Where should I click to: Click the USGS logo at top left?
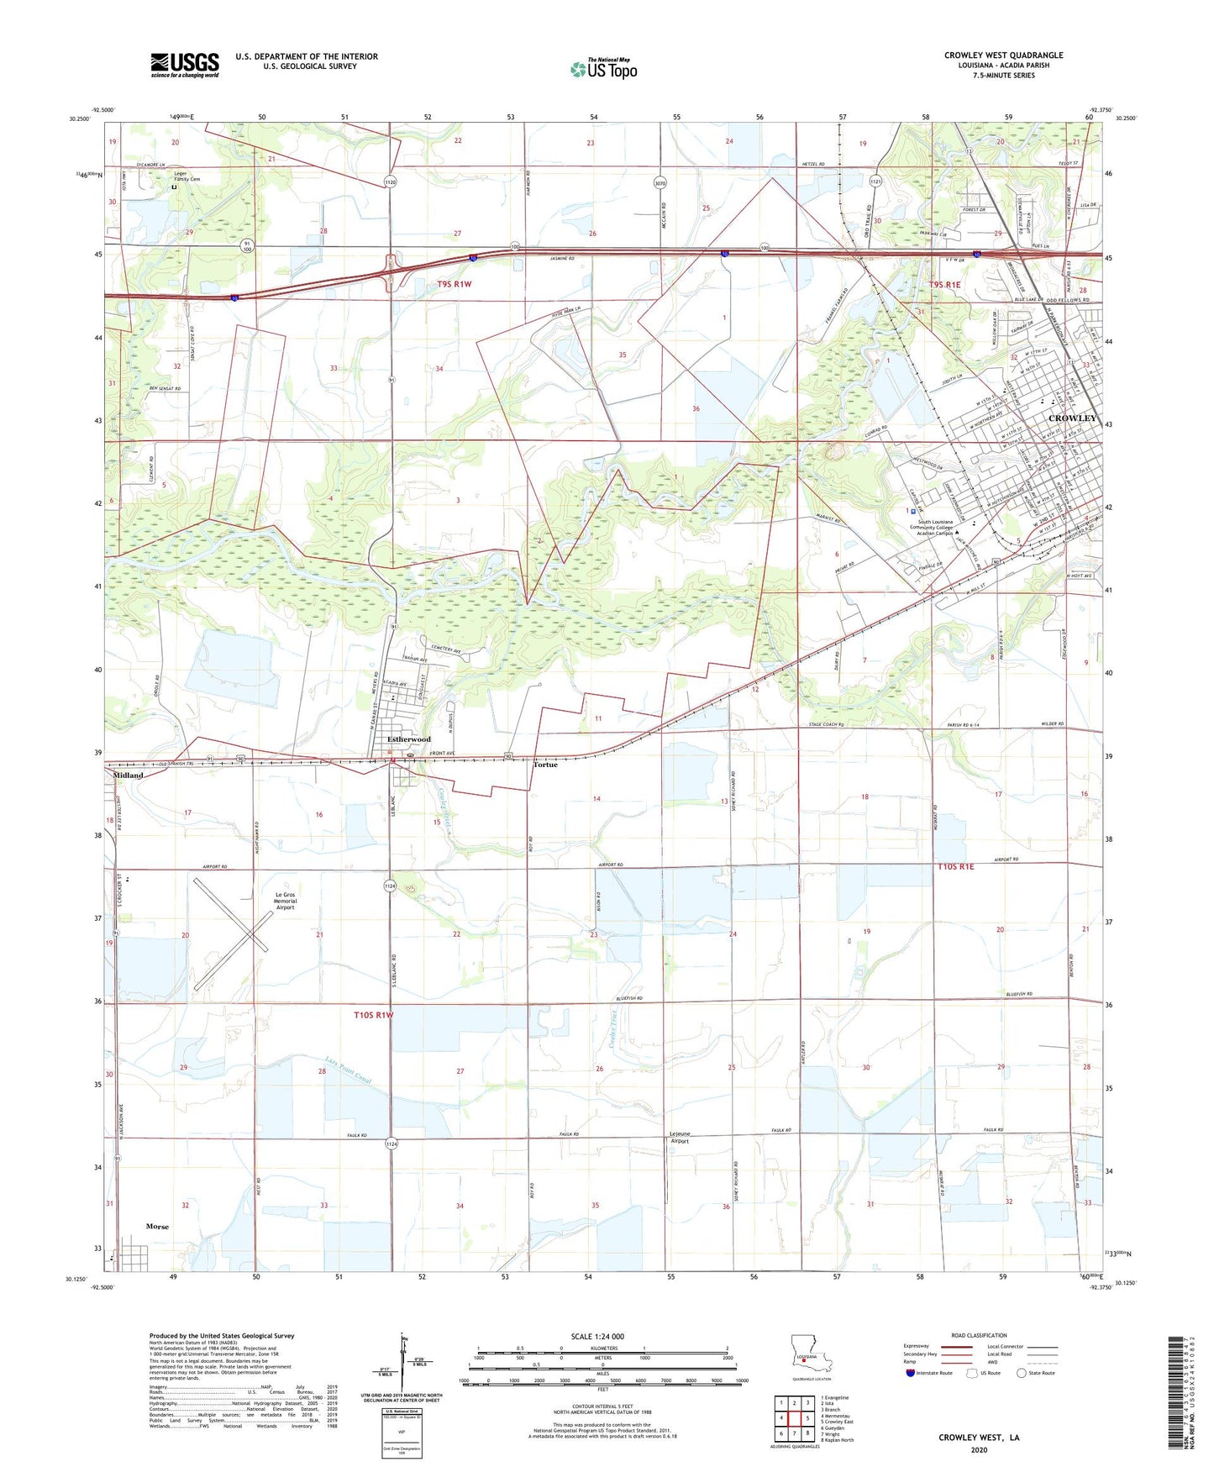coord(184,65)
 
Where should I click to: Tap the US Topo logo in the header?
coord(602,69)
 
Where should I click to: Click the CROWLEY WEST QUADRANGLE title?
coord(1002,55)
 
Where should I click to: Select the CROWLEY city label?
coord(1072,418)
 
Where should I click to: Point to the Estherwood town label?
coord(408,739)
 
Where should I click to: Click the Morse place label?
coord(157,1226)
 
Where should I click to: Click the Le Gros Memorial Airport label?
coord(285,901)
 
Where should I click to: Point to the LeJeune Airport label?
coord(679,1137)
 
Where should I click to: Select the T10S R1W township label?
coord(373,1015)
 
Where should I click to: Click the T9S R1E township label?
coord(944,285)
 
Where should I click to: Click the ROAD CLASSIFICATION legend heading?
coord(979,1335)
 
